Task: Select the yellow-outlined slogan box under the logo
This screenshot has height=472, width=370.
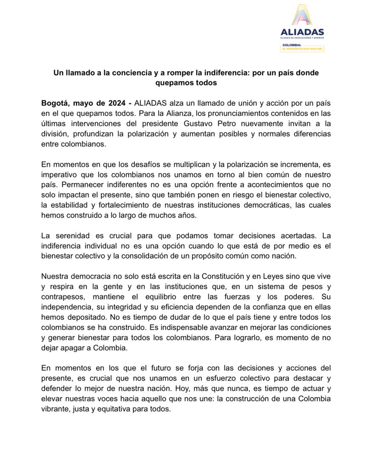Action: tap(302, 48)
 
